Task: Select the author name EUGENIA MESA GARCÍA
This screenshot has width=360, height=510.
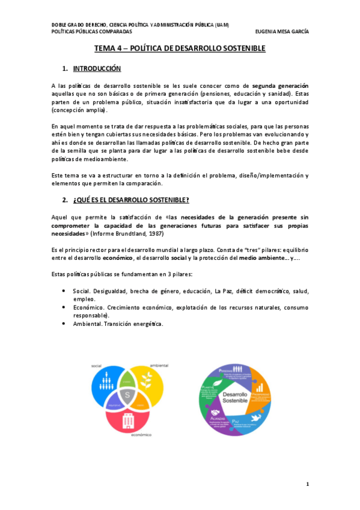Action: pos(281,32)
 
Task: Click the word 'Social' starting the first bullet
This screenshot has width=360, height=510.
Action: pos(82,291)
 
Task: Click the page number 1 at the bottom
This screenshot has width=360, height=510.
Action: pos(307,484)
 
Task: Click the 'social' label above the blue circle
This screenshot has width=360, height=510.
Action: pos(97,366)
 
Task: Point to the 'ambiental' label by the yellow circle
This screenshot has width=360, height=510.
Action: pos(158,366)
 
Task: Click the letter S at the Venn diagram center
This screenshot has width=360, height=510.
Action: pos(127,394)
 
